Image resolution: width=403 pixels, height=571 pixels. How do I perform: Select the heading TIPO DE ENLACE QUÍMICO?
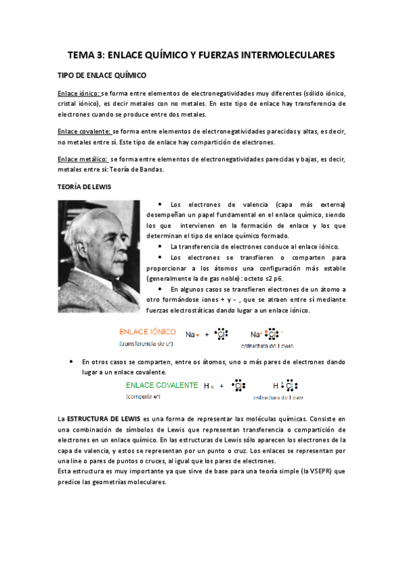102,76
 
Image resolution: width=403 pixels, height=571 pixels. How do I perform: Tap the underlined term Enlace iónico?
79,94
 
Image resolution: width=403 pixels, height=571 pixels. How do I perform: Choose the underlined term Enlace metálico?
81,160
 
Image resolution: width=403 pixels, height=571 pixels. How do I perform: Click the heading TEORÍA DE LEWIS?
83,185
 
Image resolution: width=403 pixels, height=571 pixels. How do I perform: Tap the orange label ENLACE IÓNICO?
147,332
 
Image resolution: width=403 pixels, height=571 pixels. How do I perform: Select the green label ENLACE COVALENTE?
161,385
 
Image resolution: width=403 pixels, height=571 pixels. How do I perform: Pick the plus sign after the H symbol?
221,387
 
